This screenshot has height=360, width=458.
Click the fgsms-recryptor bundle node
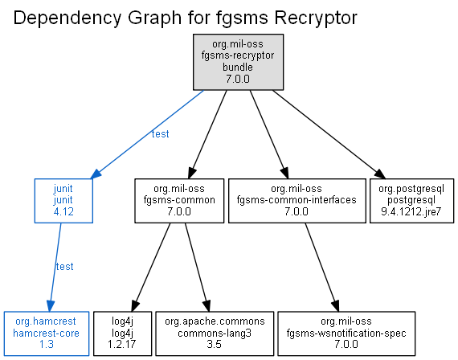pyautogui.click(x=238, y=62)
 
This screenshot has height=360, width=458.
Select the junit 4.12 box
pyautogui.click(x=63, y=201)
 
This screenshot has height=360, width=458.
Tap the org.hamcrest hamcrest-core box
pyautogui.click(x=47, y=333)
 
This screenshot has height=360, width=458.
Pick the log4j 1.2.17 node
pyautogui.click(x=122, y=333)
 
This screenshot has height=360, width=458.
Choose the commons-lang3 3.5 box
pyautogui.click(x=215, y=333)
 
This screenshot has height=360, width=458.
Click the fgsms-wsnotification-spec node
pyautogui.click(x=346, y=333)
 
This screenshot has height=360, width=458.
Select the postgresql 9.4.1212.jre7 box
pyautogui.click(x=412, y=201)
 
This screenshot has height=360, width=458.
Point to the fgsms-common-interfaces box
pyautogui.click(x=297, y=201)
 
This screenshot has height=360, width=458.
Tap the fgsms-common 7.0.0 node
pyautogui.click(x=179, y=201)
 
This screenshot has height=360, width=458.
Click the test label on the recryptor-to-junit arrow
pyautogui.click(x=161, y=134)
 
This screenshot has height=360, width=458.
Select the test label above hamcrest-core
pyautogui.click(x=64, y=267)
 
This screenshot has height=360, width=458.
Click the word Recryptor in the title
pyautogui.click(x=316, y=18)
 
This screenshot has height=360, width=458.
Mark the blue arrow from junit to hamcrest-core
pyautogui.click(x=55, y=267)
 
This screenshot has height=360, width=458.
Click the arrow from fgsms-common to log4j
pyautogui.click(x=151, y=267)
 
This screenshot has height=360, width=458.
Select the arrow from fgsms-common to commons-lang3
pyautogui.click(x=198, y=267)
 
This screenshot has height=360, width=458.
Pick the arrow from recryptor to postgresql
pyautogui.click(x=329, y=134)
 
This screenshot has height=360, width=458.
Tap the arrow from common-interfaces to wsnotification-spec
pyautogui.click(x=322, y=267)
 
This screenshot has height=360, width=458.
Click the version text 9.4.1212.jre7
pyautogui.click(x=411, y=211)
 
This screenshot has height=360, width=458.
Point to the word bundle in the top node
pyautogui.click(x=238, y=67)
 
